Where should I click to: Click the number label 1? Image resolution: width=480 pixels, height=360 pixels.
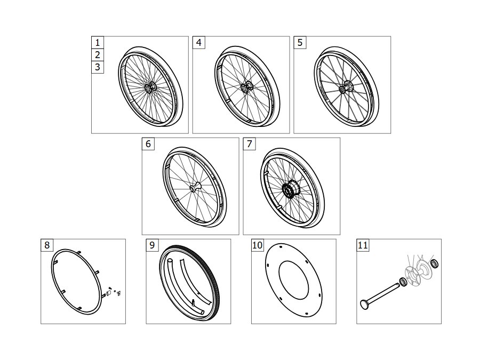(98, 43)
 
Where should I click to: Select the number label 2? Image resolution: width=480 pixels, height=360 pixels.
(98, 55)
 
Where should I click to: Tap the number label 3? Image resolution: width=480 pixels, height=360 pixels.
(98, 67)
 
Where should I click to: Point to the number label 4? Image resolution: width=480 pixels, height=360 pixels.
(199, 43)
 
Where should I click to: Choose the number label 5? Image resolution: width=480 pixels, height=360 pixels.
(300, 43)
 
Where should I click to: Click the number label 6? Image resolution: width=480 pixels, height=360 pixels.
(148, 144)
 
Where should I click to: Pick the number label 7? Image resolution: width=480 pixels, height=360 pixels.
(250, 144)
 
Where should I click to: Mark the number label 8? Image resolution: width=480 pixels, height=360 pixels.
(47, 245)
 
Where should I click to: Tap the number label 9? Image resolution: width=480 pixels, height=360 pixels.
(152, 245)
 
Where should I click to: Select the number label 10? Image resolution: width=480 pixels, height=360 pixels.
(258, 245)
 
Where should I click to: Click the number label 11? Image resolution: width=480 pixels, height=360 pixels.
(363, 245)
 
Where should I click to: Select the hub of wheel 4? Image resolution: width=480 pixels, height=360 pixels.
(246, 87)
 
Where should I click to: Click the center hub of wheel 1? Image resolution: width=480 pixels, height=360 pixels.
(150, 87)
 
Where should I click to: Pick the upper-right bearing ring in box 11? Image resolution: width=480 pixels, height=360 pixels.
(434, 263)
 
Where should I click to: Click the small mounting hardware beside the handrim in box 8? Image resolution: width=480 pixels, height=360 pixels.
(114, 292)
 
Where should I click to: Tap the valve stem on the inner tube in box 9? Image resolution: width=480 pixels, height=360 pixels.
(194, 302)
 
